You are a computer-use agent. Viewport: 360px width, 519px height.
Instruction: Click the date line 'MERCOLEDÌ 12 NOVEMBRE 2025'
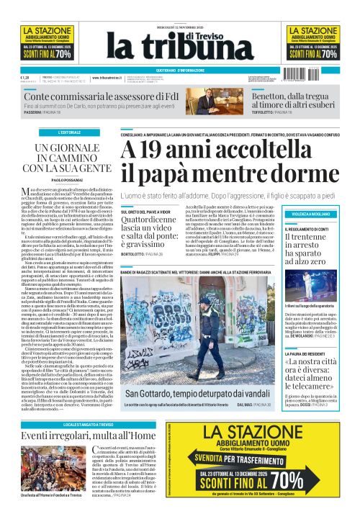(x=180, y=9)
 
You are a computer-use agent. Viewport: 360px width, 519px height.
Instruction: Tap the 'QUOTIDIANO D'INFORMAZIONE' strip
(x=180, y=70)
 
